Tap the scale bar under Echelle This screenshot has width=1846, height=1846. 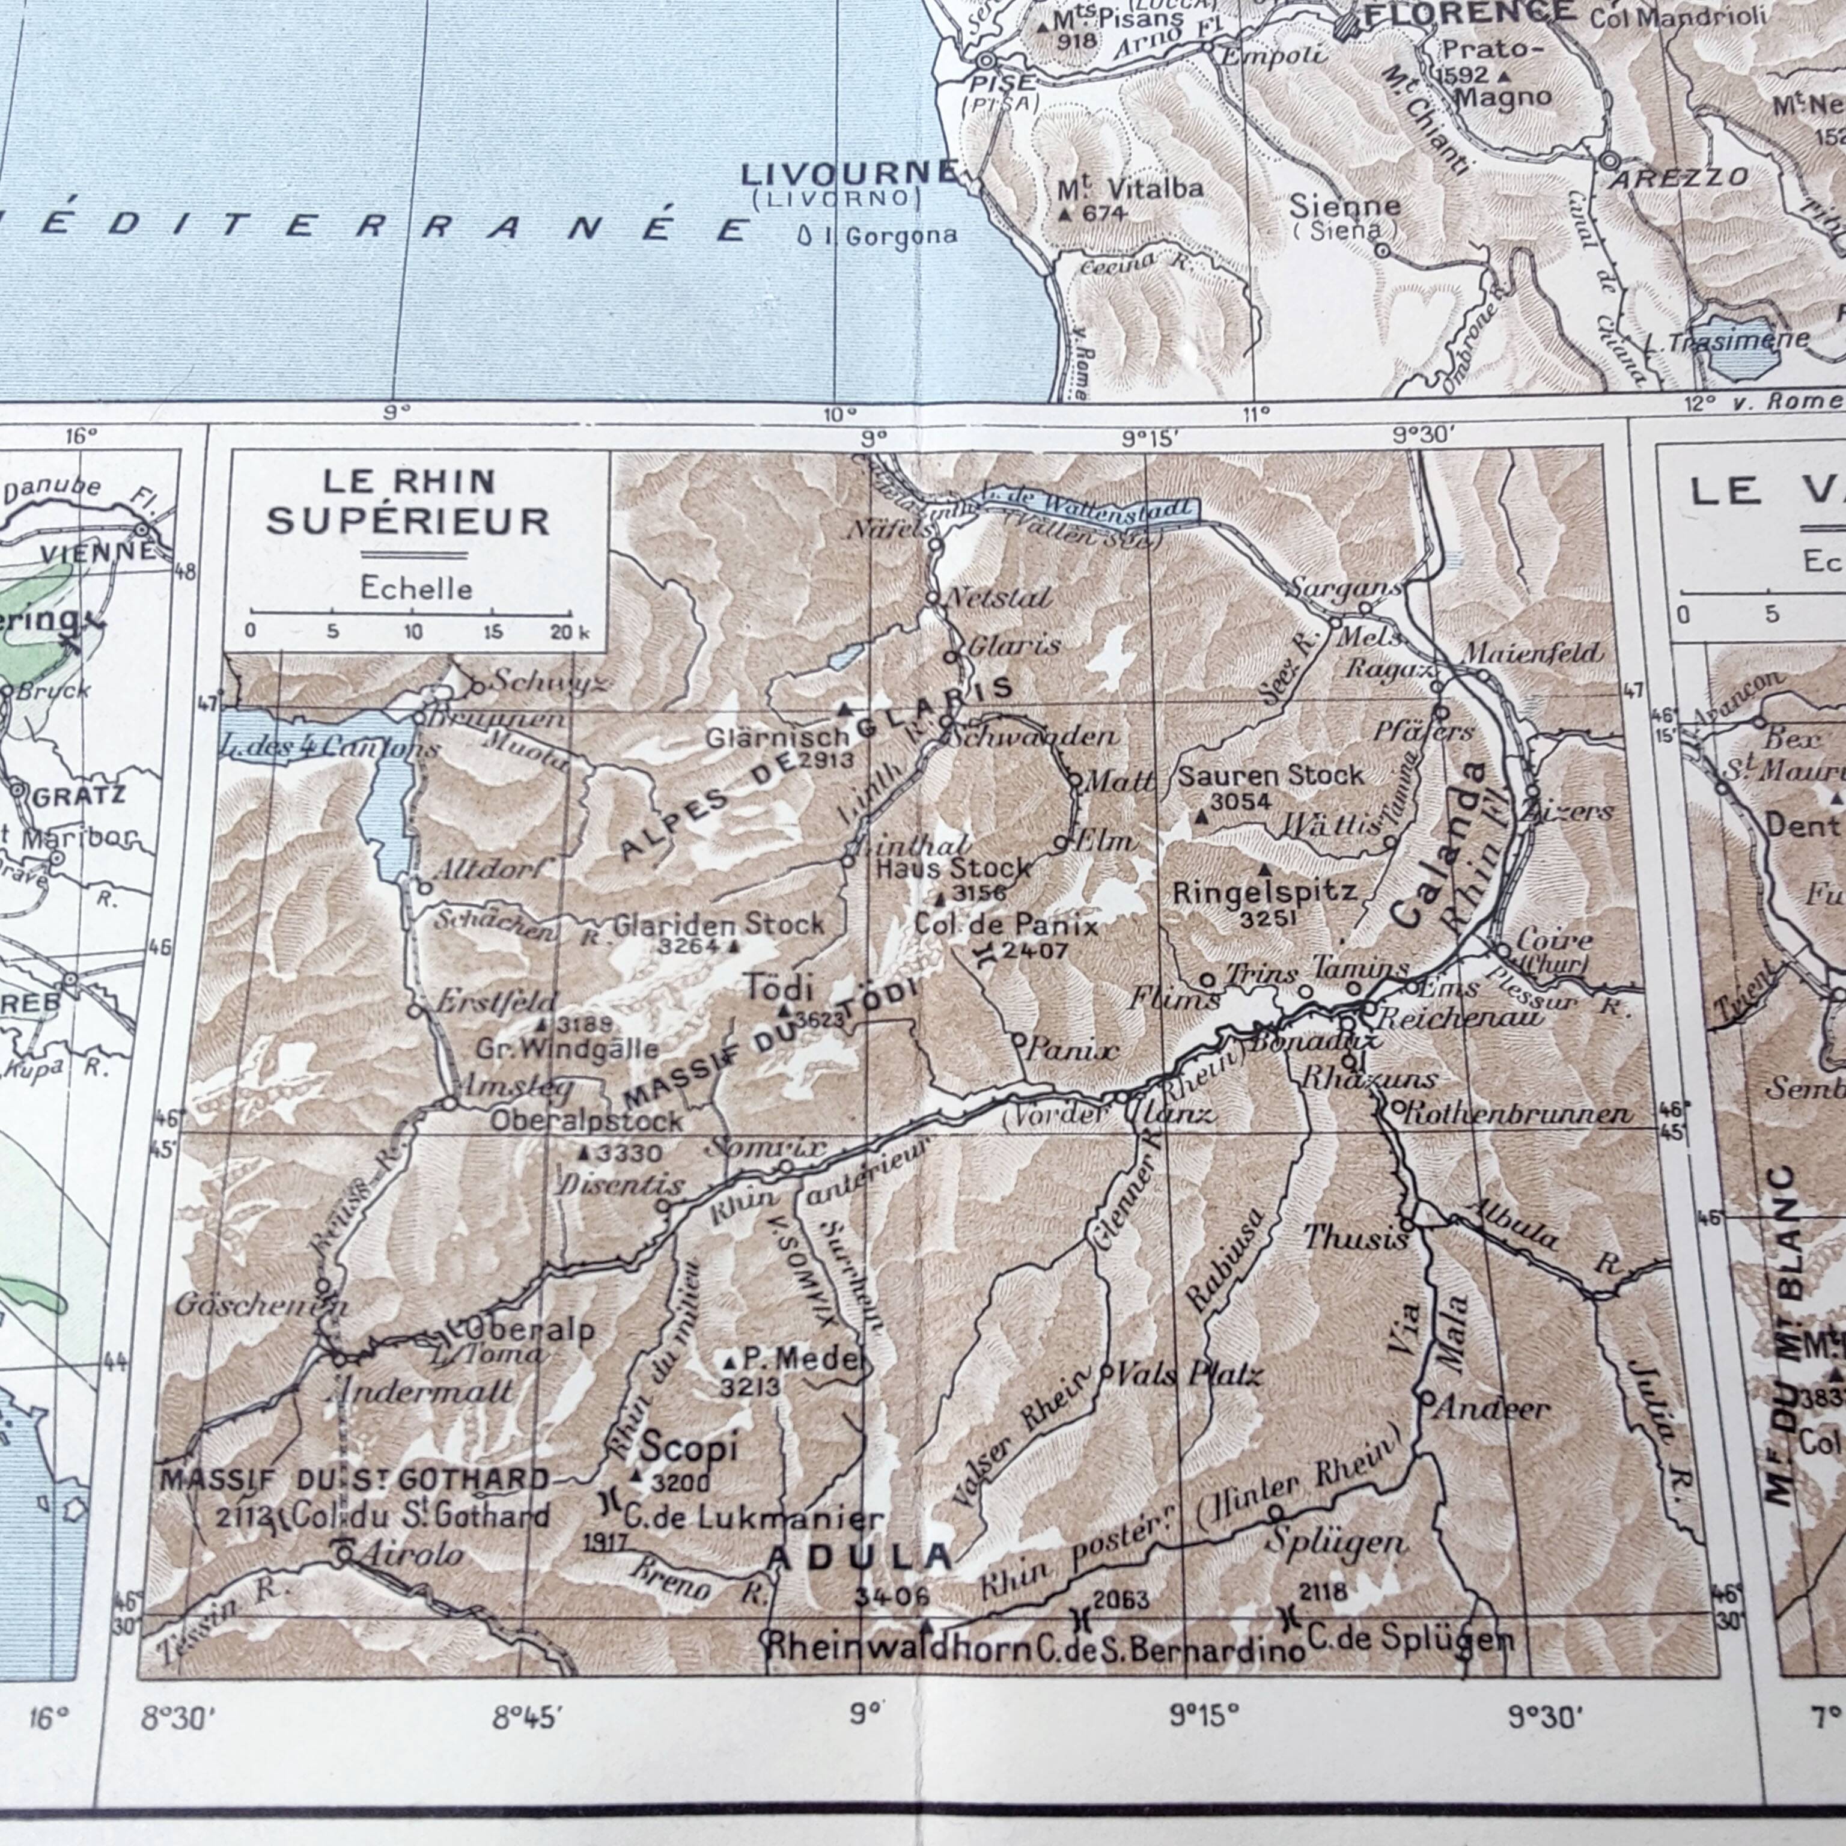(411, 612)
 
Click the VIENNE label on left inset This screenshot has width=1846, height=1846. (97, 551)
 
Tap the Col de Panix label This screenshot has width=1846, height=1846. (1006, 924)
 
